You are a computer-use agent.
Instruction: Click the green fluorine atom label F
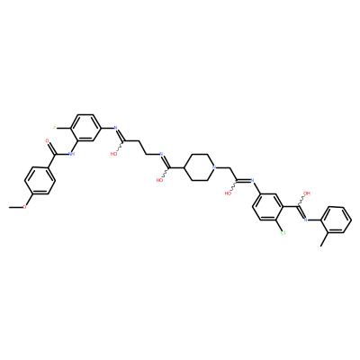click(x=54, y=128)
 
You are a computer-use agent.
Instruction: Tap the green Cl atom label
click(x=283, y=233)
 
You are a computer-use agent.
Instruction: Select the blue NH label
click(x=71, y=154)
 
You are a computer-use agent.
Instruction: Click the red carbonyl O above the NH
click(x=47, y=140)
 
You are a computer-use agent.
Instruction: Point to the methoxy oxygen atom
click(x=24, y=207)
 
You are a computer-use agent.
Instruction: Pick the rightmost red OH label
click(x=307, y=193)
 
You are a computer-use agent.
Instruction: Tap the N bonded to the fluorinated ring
click(x=115, y=128)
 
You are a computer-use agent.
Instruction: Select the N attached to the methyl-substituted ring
click(x=305, y=220)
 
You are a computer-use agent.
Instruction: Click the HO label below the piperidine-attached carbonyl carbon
click(x=159, y=180)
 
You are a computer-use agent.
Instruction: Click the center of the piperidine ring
click(x=199, y=167)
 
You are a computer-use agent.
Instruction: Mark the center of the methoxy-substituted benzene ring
click(x=40, y=181)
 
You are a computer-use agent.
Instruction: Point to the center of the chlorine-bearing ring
click(x=267, y=207)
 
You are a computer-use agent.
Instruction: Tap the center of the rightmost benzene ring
click(x=336, y=220)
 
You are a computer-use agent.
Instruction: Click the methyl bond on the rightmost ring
click(x=324, y=239)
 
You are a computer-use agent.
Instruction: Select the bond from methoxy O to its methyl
click(x=16, y=207)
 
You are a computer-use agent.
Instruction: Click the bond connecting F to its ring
click(x=63, y=128)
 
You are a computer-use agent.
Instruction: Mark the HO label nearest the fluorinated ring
click(x=113, y=154)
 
